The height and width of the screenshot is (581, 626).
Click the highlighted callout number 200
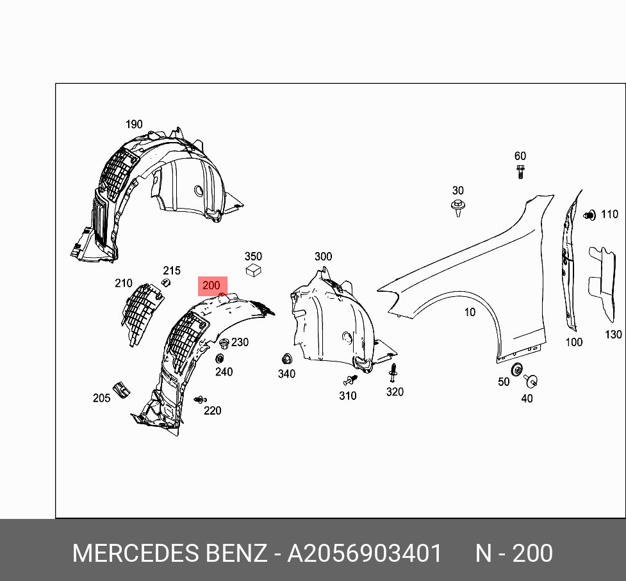(211, 285)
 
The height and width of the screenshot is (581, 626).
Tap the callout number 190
(134, 124)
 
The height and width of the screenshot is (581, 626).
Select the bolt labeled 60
(520, 171)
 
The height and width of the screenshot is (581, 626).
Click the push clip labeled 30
(457, 208)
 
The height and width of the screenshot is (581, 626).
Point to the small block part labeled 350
(254, 269)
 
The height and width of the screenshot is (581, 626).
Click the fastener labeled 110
(590, 215)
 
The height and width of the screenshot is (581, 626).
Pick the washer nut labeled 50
(516, 369)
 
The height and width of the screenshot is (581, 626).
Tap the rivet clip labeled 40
(530, 381)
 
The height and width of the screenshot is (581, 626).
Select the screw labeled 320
(393, 371)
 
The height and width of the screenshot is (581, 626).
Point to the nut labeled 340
(286, 359)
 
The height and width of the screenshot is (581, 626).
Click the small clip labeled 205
(120, 388)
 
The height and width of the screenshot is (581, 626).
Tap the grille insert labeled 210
(142, 312)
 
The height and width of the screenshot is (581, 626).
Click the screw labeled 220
(200, 399)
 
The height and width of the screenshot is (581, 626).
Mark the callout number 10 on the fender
(470, 312)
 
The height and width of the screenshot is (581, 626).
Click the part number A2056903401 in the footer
(364, 553)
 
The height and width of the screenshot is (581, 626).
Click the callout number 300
(323, 257)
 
